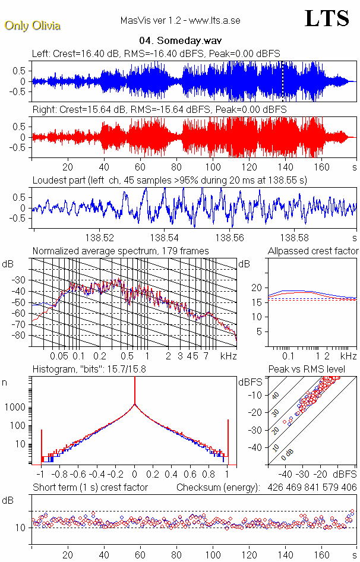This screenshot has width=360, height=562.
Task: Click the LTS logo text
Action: [326, 18]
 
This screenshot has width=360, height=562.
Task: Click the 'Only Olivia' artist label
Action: [33, 26]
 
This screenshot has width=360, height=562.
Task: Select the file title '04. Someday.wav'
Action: [179, 41]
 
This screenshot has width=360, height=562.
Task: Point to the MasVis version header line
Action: [180, 21]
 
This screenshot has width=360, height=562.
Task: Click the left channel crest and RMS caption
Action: [156, 54]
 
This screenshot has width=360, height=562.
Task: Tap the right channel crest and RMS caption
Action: [159, 110]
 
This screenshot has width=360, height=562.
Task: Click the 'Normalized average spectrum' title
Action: [121, 251]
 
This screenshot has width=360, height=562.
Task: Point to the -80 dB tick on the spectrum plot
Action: [23, 336]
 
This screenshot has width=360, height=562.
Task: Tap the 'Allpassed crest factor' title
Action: [313, 251]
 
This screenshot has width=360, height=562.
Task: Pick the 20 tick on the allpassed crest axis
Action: [256, 288]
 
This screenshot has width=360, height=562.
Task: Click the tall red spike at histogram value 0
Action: [135, 392]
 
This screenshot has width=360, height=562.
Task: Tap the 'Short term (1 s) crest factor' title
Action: [90, 488]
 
